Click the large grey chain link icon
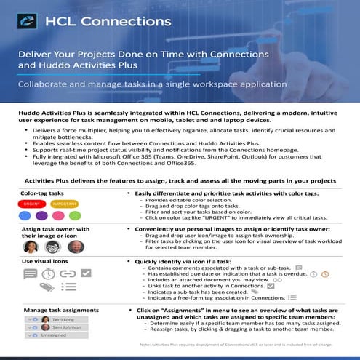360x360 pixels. [67, 274]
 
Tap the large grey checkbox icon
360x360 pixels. [84, 274]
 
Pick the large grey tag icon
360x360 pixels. [47, 288]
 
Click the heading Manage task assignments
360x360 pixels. [53, 308]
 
